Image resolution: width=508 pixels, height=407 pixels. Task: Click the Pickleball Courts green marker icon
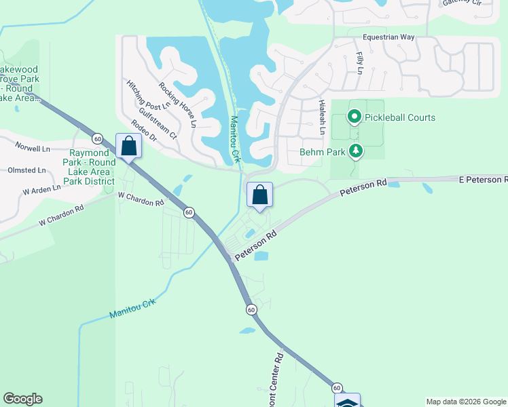(354, 117)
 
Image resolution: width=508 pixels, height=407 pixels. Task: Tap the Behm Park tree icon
(355, 151)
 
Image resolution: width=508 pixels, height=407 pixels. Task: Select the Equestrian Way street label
(388, 38)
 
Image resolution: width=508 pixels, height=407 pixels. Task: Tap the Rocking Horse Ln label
(177, 104)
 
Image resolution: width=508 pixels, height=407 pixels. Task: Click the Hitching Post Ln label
(147, 95)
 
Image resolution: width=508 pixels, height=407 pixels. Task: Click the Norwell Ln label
(33, 148)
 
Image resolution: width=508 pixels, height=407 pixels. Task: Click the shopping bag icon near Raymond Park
(128, 146)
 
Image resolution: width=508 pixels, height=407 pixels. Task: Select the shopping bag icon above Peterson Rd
(259, 195)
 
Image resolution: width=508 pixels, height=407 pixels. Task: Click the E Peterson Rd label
(483, 180)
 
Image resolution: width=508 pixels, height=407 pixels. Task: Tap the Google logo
(22, 399)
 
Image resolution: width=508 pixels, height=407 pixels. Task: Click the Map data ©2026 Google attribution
(466, 402)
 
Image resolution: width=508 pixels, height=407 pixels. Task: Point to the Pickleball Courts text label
(400, 117)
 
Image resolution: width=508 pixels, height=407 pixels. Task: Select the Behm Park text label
(323, 152)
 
